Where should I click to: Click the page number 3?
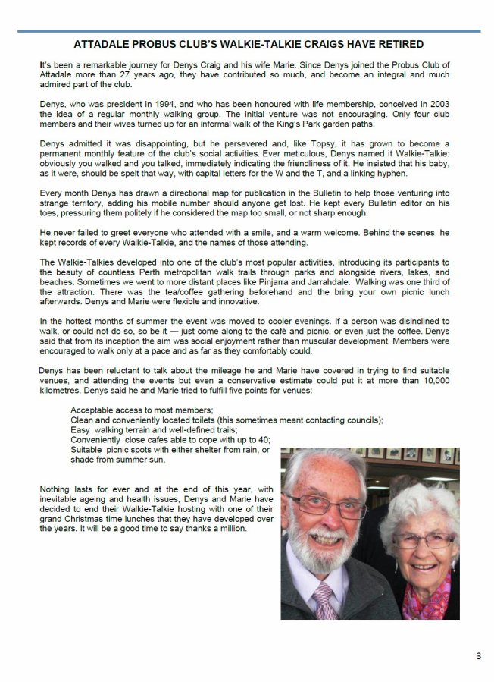(478, 656)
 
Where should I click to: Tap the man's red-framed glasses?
(330, 504)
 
